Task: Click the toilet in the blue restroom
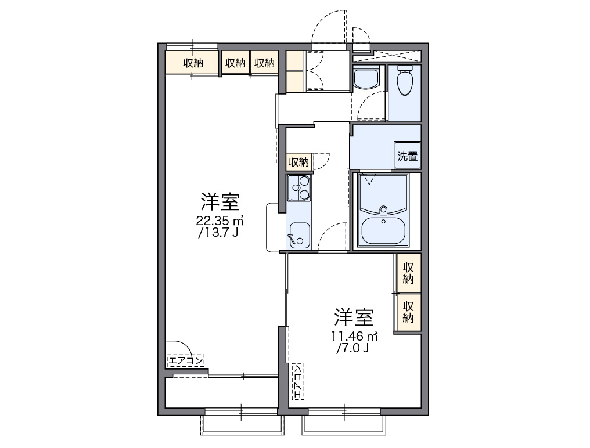tap(404, 81)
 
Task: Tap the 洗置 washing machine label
tap(407, 156)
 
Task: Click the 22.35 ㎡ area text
tap(219, 221)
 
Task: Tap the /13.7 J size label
tap(218, 233)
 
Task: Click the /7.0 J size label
tap(352, 348)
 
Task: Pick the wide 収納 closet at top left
tap(193, 63)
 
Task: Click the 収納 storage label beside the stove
tap(299, 161)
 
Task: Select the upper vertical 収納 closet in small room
tap(408, 273)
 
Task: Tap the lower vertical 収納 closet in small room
tap(408, 312)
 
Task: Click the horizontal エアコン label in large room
tap(186, 362)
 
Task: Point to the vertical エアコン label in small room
tap(297, 381)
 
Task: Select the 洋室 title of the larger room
tap(220, 202)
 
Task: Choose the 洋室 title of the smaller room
tap(353, 317)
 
